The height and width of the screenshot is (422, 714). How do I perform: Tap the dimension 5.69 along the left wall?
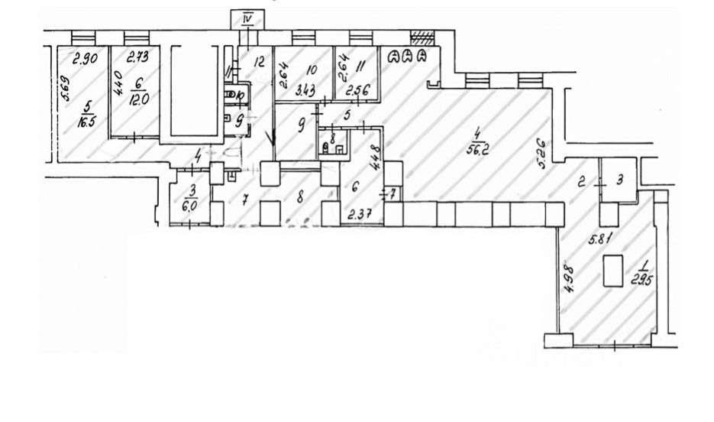pos(66,92)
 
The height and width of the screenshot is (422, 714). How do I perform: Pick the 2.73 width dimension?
pos(137,57)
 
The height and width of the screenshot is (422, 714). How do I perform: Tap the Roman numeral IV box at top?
pos(246,18)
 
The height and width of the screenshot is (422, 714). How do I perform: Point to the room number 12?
pos(259,63)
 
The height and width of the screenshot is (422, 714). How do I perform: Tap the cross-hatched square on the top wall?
pos(422,36)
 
